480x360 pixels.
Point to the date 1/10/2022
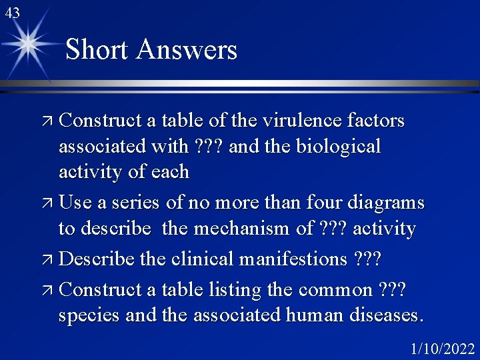(x=442, y=349)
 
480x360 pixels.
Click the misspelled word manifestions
(x=294, y=258)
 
